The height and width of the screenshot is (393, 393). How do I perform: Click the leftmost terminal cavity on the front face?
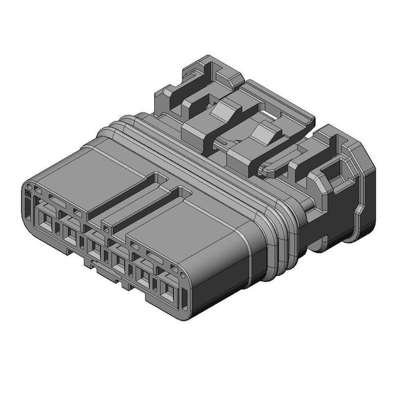pos(47,220)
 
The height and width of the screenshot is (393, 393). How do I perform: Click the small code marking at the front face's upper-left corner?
pos(28,193)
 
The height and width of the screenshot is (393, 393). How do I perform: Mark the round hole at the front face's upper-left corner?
pos(32,185)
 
